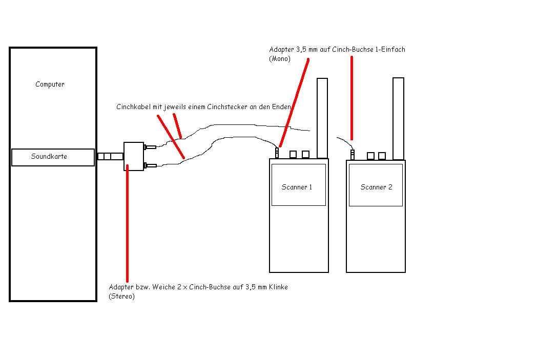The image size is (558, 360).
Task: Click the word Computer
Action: [x=50, y=84]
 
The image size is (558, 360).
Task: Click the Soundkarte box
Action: [x=53, y=157]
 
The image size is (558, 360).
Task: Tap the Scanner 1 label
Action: [x=297, y=187]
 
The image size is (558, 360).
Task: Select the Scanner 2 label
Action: [x=376, y=187]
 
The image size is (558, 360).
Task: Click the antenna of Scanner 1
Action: [x=322, y=118]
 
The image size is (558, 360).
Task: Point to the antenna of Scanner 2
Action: [x=398, y=119]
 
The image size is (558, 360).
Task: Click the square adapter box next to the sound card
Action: [x=134, y=157]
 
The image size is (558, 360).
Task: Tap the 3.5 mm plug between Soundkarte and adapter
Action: [x=110, y=157]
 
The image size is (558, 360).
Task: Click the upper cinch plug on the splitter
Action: [x=150, y=147]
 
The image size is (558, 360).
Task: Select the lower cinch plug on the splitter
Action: [x=150, y=165]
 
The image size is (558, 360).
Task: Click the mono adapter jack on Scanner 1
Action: [x=277, y=153]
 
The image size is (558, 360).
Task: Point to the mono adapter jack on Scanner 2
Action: [x=353, y=155]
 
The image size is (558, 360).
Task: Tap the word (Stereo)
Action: [x=122, y=297]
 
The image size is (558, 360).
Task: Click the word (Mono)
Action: [x=280, y=59]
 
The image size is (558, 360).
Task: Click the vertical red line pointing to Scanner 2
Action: [x=352, y=98]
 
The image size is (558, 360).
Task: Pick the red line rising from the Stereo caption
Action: [x=127, y=223]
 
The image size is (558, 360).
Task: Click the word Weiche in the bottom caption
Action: [x=163, y=287]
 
